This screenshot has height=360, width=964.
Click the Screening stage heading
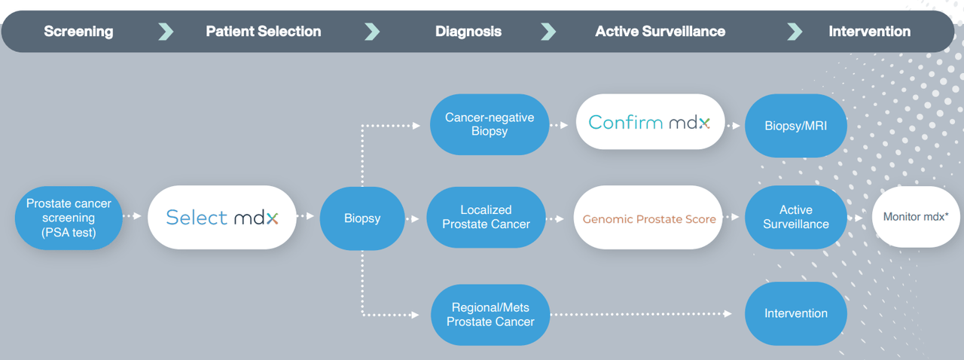78,32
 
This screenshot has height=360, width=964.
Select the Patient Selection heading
263,32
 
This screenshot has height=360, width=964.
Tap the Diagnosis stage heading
468,32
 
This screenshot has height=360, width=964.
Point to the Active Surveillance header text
660,32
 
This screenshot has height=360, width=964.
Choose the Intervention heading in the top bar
869,32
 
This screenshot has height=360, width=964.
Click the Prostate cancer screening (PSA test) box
69,218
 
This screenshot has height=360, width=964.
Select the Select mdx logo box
222,218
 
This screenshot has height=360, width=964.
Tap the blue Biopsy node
362,218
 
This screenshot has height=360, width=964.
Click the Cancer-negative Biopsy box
490,125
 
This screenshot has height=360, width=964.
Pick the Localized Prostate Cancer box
486,218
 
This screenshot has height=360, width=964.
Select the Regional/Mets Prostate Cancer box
490,314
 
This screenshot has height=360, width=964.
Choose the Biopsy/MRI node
795,126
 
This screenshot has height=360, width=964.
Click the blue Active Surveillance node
795,218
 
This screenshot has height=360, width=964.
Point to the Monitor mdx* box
915,217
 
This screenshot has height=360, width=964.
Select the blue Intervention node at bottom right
795,313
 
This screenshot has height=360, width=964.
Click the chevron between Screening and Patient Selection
166,32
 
